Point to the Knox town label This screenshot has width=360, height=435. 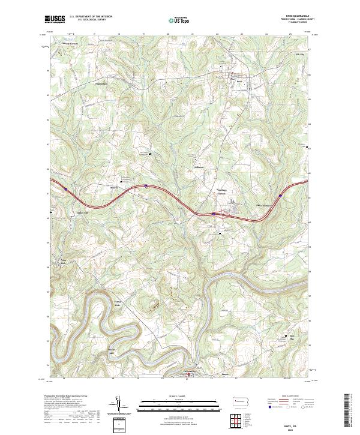[239, 80]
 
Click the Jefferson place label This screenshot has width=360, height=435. [199, 166]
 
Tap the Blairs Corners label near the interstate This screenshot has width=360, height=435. [222, 192]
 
